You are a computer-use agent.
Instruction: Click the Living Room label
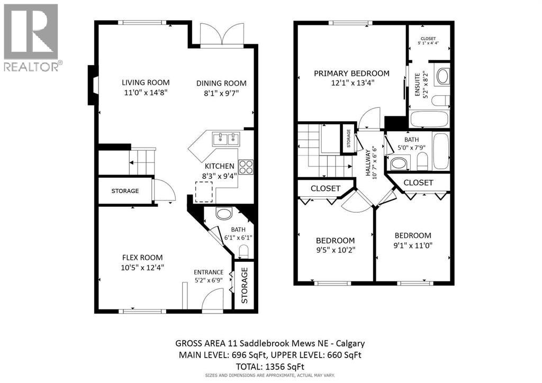(146, 82)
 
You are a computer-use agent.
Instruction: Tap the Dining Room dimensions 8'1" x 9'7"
(221, 94)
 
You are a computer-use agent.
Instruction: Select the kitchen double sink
(226, 139)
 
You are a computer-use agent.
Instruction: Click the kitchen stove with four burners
(246, 167)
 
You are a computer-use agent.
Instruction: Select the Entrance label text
(209, 272)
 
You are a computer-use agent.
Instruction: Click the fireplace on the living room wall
(93, 85)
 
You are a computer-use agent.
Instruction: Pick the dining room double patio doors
(218, 36)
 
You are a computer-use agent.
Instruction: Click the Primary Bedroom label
(351, 74)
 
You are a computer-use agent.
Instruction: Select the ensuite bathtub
(429, 119)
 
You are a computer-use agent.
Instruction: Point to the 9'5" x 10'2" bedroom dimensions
(336, 250)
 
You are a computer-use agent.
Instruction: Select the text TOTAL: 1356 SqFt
(270, 366)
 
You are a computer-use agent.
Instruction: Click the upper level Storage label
(349, 139)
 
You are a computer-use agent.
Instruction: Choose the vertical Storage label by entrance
(244, 285)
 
